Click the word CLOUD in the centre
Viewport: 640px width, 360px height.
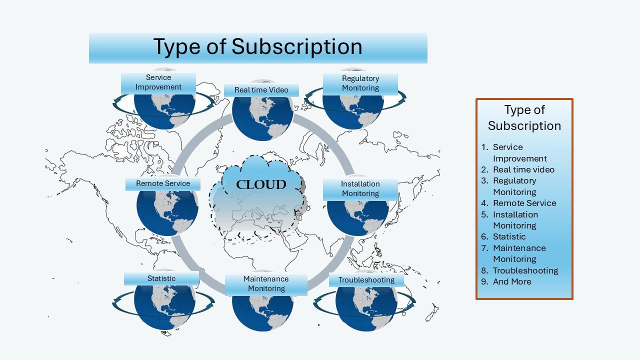261,184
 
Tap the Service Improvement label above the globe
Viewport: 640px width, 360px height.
158,83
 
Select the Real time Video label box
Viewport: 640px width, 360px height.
261,90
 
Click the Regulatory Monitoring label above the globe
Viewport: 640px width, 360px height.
360,84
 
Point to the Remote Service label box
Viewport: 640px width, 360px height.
163,184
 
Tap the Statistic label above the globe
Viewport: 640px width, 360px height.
161,279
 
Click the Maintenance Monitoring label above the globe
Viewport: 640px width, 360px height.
266,285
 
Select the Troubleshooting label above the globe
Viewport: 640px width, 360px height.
366,280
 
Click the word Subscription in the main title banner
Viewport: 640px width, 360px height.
297,46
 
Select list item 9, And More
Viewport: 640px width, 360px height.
506,281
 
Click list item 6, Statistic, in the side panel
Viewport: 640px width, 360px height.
503,236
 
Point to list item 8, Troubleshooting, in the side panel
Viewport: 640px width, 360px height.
519,270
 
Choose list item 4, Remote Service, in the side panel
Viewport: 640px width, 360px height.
518,203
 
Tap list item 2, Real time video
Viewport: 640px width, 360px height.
517,169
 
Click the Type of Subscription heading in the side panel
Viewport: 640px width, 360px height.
524,117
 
